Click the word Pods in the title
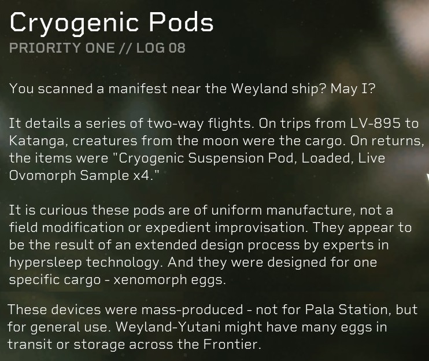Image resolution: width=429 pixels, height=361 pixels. [x=181, y=23]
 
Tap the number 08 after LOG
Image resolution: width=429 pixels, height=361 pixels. [x=177, y=48]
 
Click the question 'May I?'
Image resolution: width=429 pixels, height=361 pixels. [x=353, y=89]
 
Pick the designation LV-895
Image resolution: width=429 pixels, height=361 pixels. [x=375, y=123]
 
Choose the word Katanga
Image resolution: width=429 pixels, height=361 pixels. [x=39, y=141]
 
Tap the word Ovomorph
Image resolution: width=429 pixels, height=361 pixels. [x=42, y=175]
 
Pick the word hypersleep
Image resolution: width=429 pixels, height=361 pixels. [x=46, y=262]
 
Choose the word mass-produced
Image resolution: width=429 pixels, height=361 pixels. [x=192, y=310]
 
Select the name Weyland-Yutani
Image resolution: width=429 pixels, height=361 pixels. [x=168, y=327]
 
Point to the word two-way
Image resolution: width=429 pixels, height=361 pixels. [x=176, y=123]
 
